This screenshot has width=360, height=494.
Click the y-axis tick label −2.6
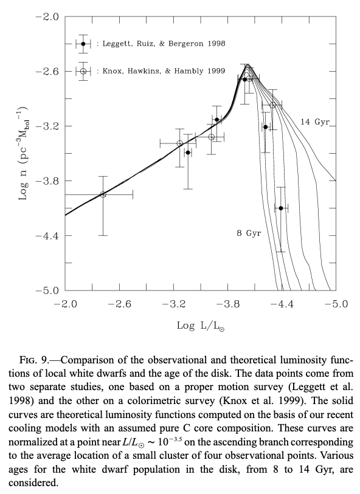pos(47,72)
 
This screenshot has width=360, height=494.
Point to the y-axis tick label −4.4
pos(47,236)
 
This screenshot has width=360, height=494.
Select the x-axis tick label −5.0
pos(336,304)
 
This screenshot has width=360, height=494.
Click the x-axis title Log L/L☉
pos(201,326)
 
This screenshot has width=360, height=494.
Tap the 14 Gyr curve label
pos(315,122)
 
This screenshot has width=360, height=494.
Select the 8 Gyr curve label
pos(249,233)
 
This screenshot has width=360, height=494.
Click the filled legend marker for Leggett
pos(83,44)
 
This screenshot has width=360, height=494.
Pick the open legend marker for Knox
pos(83,71)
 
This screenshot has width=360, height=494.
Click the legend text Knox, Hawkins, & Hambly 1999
pos(164,71)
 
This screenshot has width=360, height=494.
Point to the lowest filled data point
pos(281,208)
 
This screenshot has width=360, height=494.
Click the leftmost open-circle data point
pos(103,194)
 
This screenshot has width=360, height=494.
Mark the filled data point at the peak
pos(244,80)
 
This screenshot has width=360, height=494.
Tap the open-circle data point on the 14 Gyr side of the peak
pos(273,105)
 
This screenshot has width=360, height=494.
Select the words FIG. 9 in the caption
pos(34,360)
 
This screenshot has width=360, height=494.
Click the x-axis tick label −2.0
pos(65,304)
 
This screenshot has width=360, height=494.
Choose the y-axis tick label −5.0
pos(47,290)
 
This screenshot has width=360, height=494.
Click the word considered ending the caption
pos(33,482)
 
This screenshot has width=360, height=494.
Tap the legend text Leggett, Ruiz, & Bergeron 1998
pos(164,44)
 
